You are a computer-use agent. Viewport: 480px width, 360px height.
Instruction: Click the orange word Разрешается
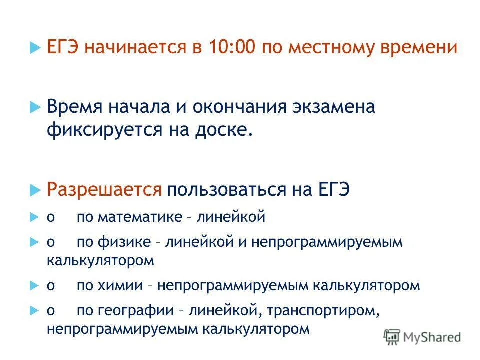click(x=104, y=190)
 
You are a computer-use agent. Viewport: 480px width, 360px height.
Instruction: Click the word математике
click(x=140, y=217)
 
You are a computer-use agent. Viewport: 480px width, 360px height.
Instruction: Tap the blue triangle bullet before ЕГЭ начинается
click(x=34, y=48)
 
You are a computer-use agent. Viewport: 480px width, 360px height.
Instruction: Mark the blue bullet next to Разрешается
click(x=34, y=190)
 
